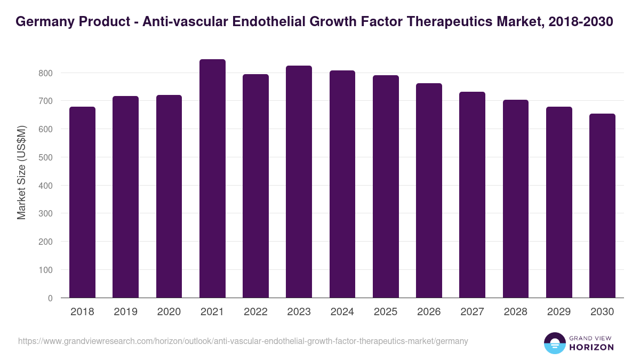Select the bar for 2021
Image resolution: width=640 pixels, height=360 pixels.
(212, 179)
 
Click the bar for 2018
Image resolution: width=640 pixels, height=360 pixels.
(82, 202)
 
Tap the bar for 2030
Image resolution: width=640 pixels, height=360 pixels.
(602, 206)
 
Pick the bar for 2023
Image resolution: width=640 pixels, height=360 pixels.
(299, 182)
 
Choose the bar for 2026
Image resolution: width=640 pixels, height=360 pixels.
(429, 190)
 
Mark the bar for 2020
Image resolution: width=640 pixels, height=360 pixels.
(169, 196)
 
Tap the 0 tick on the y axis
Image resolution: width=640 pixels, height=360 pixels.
(50, 298)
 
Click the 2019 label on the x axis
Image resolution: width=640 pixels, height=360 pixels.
(125, 312)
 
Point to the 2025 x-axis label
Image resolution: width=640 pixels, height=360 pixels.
(386, 312)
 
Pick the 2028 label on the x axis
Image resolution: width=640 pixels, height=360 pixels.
(516, 312)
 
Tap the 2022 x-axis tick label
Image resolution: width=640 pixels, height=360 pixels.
(255, 312)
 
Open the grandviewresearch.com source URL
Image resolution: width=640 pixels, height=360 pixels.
(243, 341)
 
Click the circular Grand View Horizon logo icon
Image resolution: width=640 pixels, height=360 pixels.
(555, 343)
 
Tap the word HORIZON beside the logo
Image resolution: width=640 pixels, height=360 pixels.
(591, 347)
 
